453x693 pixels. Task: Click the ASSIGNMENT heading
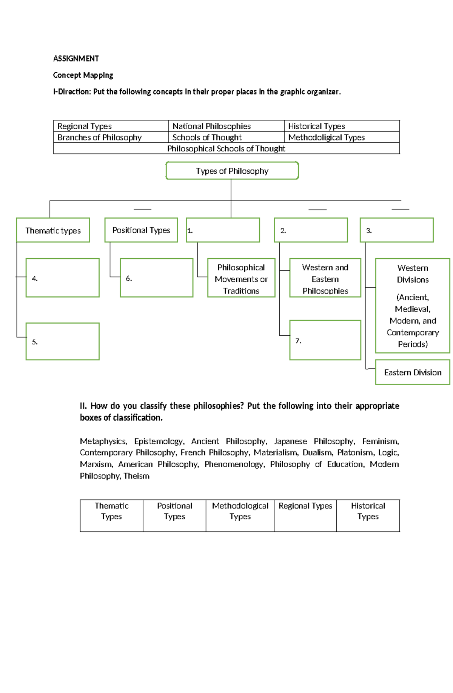click(76, 59)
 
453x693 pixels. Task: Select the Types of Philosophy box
click(232, 171)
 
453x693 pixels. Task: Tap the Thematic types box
click(53, 230)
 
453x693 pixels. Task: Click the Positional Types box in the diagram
click(141, 230)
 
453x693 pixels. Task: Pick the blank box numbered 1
click(223, 230)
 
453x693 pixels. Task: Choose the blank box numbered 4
click(63, 278)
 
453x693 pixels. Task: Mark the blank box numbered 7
click(325, 340)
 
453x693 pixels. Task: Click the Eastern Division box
click(413, 372)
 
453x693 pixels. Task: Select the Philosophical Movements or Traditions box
click(241, 279)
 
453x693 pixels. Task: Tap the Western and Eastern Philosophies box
click(325, 279)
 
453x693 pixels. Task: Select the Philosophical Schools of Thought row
click(226, 148)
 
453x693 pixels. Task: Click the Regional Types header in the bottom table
click(305, 506)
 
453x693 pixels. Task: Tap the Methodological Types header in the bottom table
click(240, 511)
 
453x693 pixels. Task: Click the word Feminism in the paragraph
click(380, 441)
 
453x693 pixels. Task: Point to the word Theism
click(136, 476)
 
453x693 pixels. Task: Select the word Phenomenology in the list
click(234, 464)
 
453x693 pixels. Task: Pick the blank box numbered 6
click(157, 278)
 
